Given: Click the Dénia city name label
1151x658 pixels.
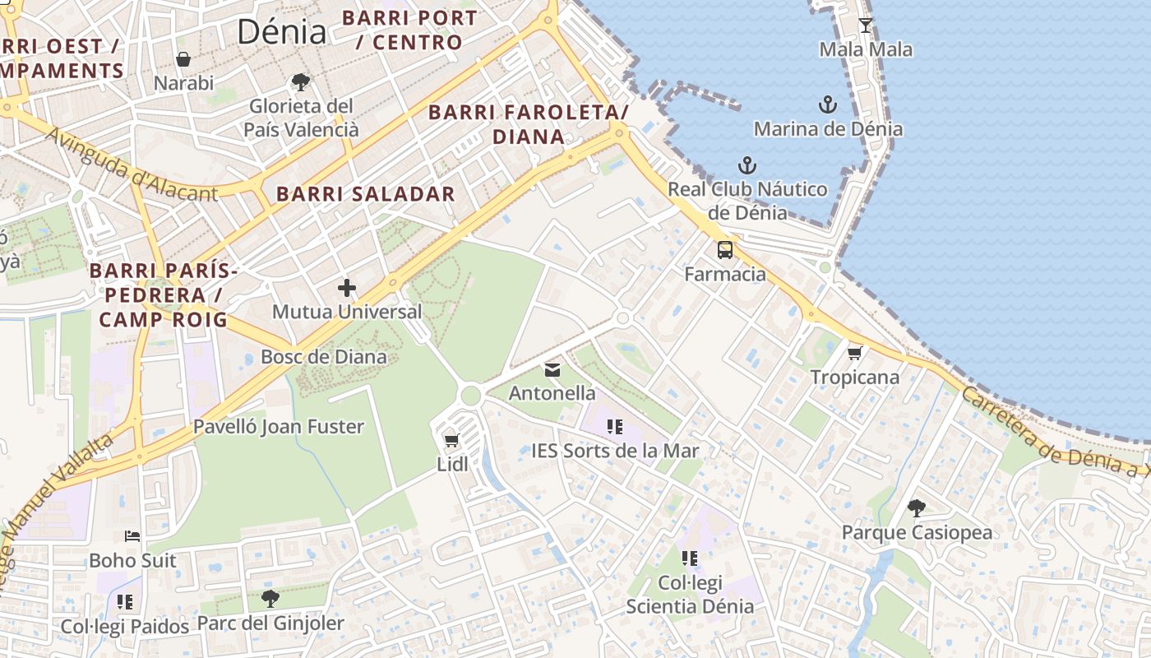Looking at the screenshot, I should coord(281,32).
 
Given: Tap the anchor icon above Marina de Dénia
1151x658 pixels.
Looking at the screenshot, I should coord(828,104).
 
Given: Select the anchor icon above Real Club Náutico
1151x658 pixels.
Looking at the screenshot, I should coord(747,165).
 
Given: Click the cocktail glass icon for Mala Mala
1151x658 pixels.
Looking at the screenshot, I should coord(865,25).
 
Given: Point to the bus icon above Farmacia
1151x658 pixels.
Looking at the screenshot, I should coord(724,250).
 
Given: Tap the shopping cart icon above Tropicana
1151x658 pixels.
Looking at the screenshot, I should coord(855,354).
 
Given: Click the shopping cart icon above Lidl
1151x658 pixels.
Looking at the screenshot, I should coord(451,441).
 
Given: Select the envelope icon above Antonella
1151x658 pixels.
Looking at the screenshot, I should coord(552,370).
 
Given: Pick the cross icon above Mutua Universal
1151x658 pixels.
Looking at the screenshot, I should coord(347,288).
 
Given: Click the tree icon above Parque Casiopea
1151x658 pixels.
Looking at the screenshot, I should coord(917,508).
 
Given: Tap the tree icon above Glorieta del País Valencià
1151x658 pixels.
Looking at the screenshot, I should coord(301,82).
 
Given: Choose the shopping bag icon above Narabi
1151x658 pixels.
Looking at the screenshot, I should coord(183,59).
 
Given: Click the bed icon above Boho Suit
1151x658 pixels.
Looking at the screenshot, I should coord(132,536).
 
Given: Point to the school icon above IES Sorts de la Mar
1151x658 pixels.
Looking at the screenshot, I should coord(614,427).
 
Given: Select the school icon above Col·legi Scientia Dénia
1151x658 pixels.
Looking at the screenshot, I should coord(689,558).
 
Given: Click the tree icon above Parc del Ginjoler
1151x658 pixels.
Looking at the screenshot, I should coord(270,599).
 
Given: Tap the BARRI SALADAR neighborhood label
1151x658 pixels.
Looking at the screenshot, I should coord(365,194).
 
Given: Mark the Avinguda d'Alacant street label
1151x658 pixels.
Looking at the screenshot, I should coord(132,164).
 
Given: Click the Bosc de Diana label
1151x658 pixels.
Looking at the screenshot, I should coord(323,356).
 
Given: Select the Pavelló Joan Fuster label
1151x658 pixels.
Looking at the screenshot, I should coord(278,426).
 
